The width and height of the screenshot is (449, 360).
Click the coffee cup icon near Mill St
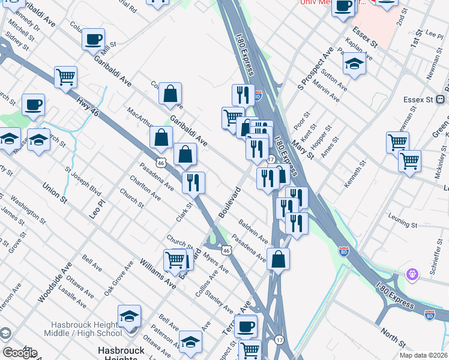pyautogui.click(x=94, y=40)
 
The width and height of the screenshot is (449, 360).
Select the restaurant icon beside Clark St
pyautogui.click(x=193, y=182)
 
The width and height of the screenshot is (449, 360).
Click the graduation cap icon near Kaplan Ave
pyautogui.click(x=354, y=64)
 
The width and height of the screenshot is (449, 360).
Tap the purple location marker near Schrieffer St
pyautogui.click(x=412, y=275)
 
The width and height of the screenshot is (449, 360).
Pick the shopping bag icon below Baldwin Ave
pyautogui.click(x=279, y=260)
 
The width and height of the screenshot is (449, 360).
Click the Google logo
pyautogui.click(x=19, y=353)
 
